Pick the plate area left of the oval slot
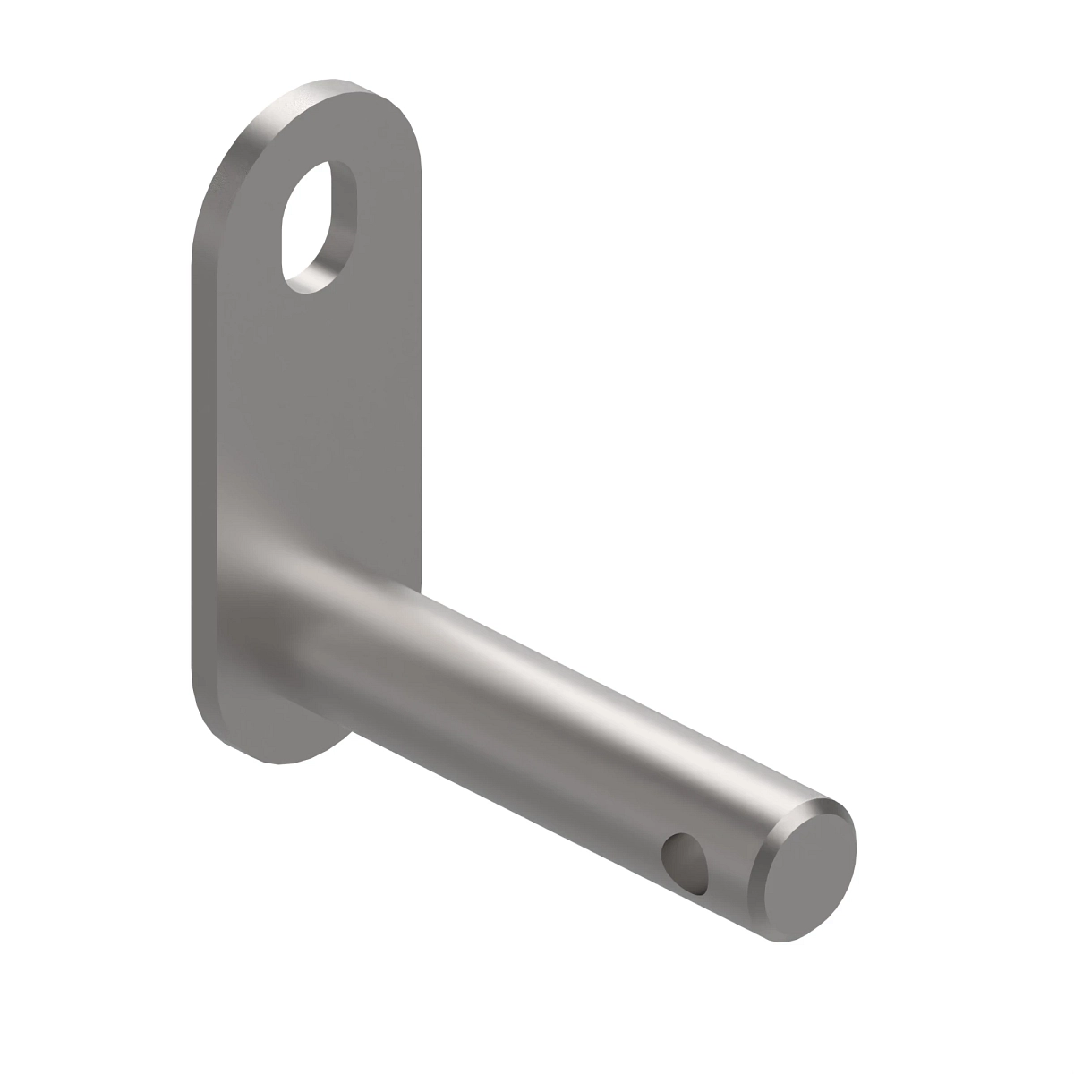coord(242,233)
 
